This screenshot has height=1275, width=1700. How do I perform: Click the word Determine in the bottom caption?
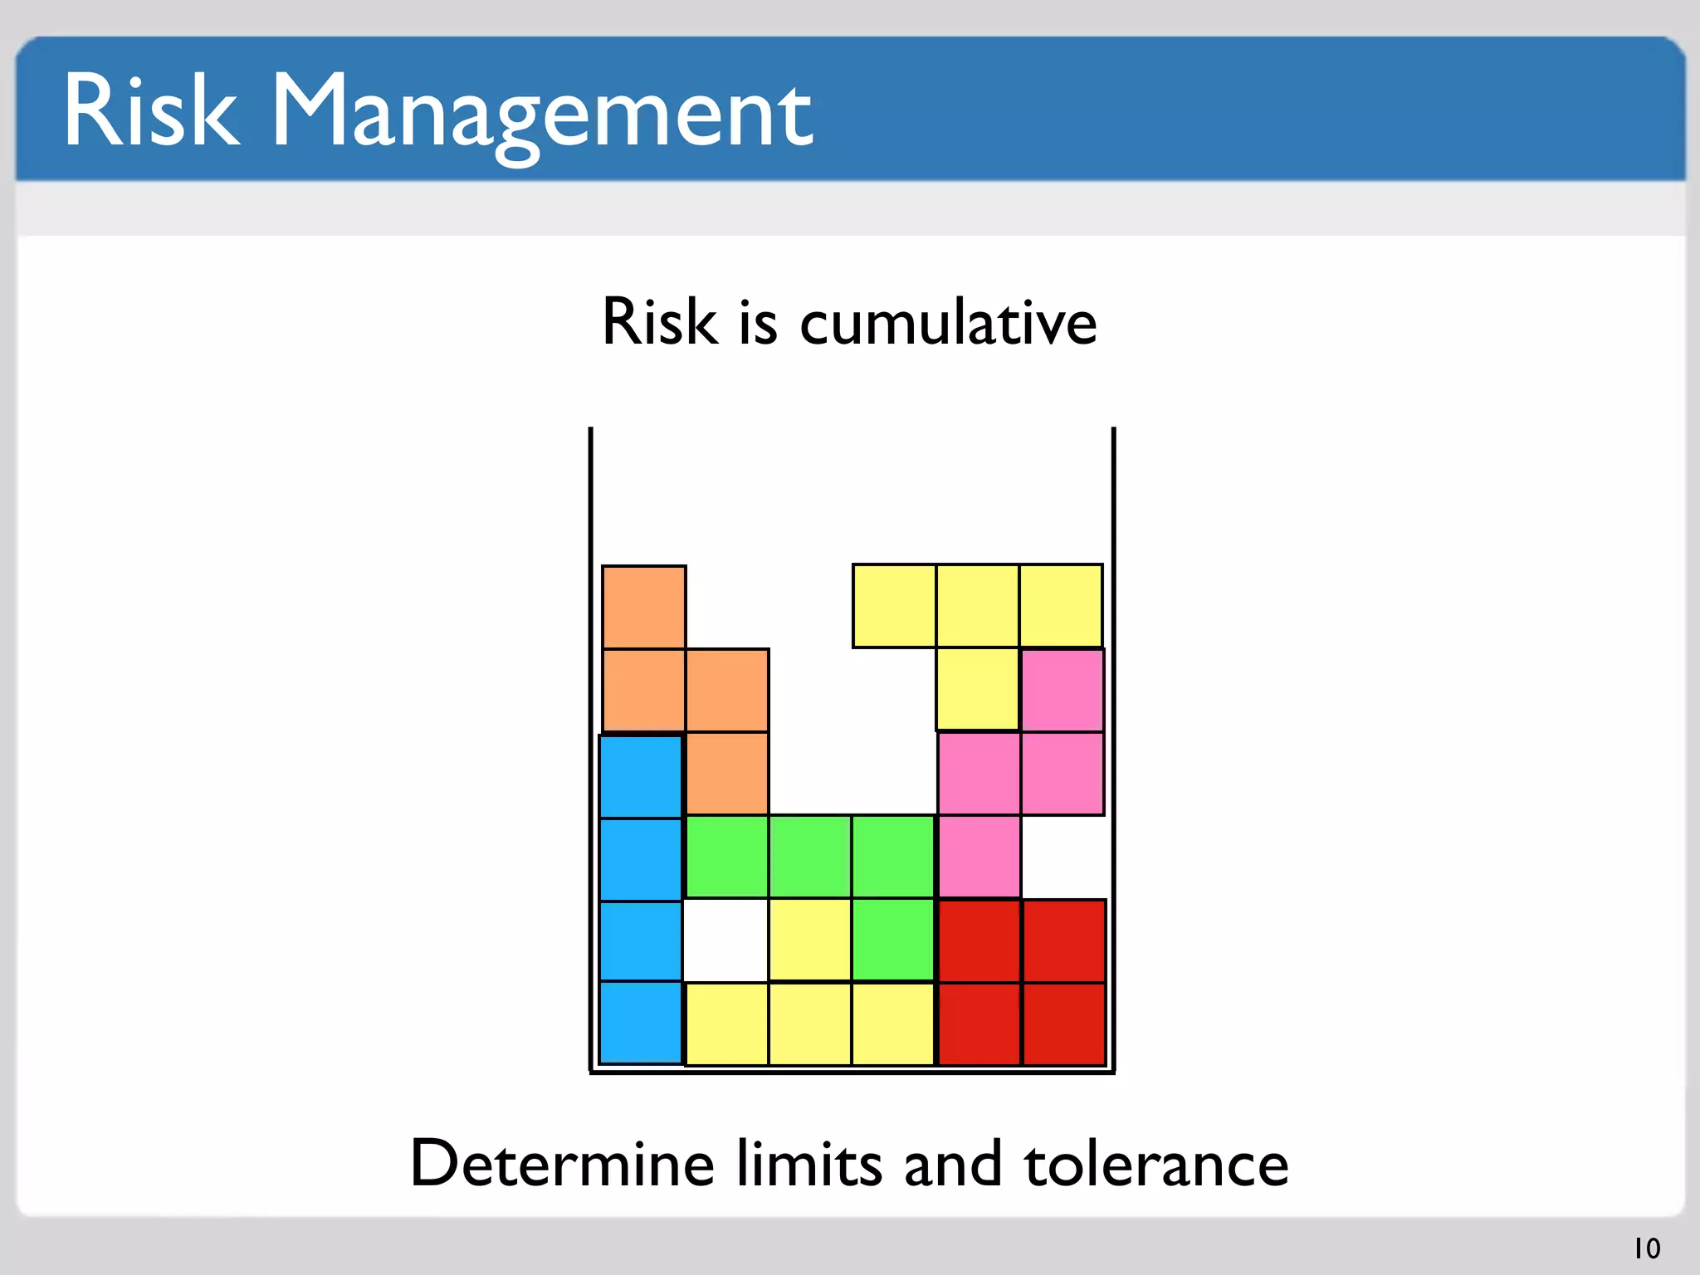[x=562, y=1164]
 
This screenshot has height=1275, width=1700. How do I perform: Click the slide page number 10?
[x=1647, y=1248]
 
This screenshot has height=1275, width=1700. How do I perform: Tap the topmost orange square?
[x=643, y=607]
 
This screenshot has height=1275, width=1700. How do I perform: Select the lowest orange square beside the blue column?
[x=727, y=774]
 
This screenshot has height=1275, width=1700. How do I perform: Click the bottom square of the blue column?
[x=641, y=1023]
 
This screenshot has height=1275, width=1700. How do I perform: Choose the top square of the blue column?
[x=641, y=777]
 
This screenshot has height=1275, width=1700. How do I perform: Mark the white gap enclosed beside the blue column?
[x=725, y=940]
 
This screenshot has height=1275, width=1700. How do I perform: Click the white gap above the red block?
[x=1063, y=857]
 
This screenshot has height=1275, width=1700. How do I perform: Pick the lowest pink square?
[x=979, y=857]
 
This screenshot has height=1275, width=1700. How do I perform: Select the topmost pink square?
[x=1062, y=690]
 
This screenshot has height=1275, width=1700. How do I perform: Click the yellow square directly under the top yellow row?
[x=978, y=690]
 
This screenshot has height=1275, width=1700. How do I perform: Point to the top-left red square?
[x=979, y=941]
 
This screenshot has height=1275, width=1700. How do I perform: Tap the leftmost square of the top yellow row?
[x=894, y=606]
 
